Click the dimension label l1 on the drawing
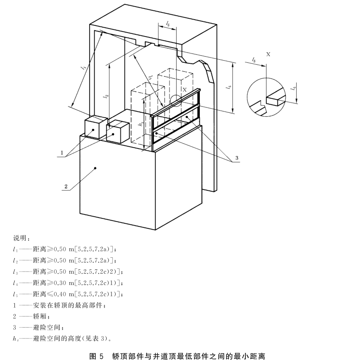click(x=83, y=67)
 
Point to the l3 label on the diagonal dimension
click(x=151, y=79)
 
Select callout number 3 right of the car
click(x=236, y=158)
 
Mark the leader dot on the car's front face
click(x=95, y=168)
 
